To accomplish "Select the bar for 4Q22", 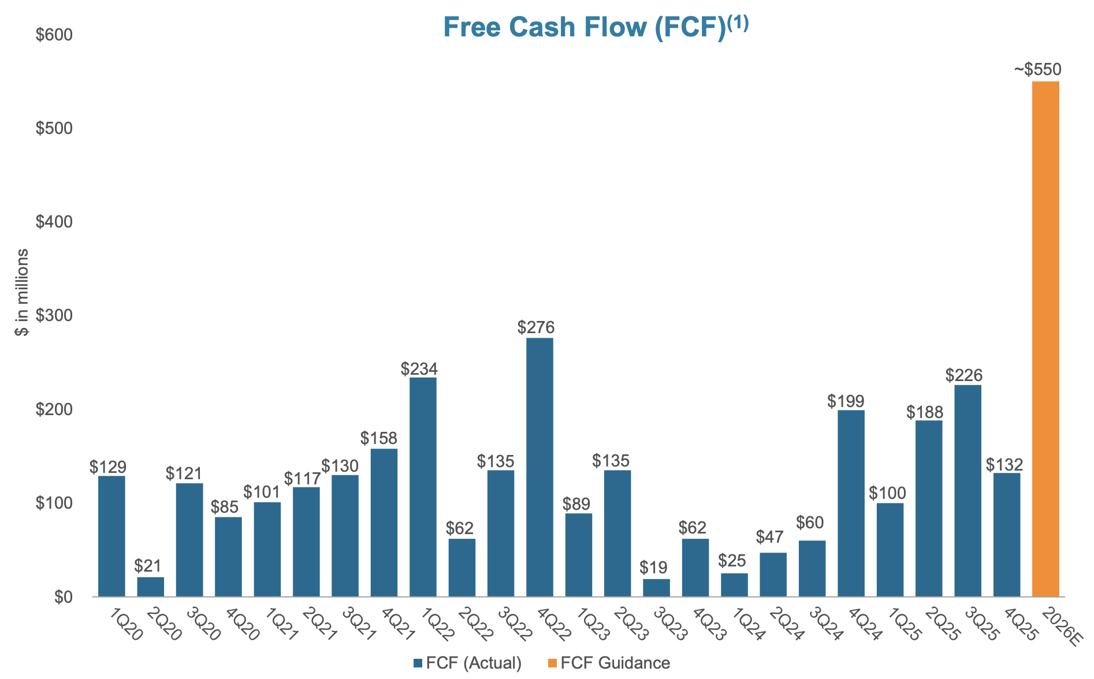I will coord(539,467).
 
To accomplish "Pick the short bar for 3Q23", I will coord(656,588).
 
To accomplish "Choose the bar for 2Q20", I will coord(150,587).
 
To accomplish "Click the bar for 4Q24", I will coord(851,503).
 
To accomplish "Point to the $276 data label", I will coord(535,328).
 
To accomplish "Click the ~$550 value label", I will coord(1037,70).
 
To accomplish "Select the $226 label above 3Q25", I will coord(963,375).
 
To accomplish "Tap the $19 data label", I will coord(653,568).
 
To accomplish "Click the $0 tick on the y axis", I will coord(63,597).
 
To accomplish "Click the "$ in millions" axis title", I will coord(22,292).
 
